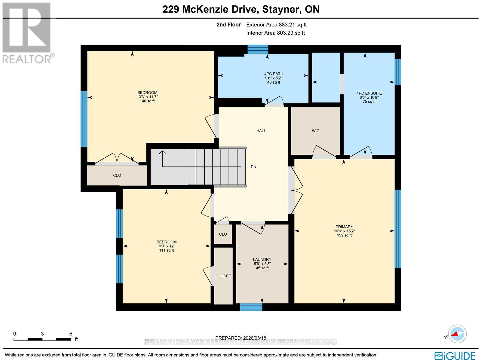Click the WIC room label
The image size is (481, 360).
pos(315,131)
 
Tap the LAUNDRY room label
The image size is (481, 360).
pos(262,260)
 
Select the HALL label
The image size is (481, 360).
pos(261,131)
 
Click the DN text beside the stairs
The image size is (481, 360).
pos(253,167)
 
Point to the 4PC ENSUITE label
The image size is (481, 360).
pos(369,93)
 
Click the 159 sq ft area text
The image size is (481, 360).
pos(344,235)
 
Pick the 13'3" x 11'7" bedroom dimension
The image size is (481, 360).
pos(147,97)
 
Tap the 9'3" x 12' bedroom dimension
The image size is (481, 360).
pos(166,246)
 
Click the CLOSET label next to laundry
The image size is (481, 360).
pos(223,276)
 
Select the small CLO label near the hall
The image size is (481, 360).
pos(223,234)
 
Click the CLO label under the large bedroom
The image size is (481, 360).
pos(117,175)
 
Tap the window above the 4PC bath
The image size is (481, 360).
pos(258,49)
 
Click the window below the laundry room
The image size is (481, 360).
pos(251,307)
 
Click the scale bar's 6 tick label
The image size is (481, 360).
pos(71,334)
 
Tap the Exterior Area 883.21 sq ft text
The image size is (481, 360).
pos(276,25)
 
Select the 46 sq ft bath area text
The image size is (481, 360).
pos(273,82)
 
